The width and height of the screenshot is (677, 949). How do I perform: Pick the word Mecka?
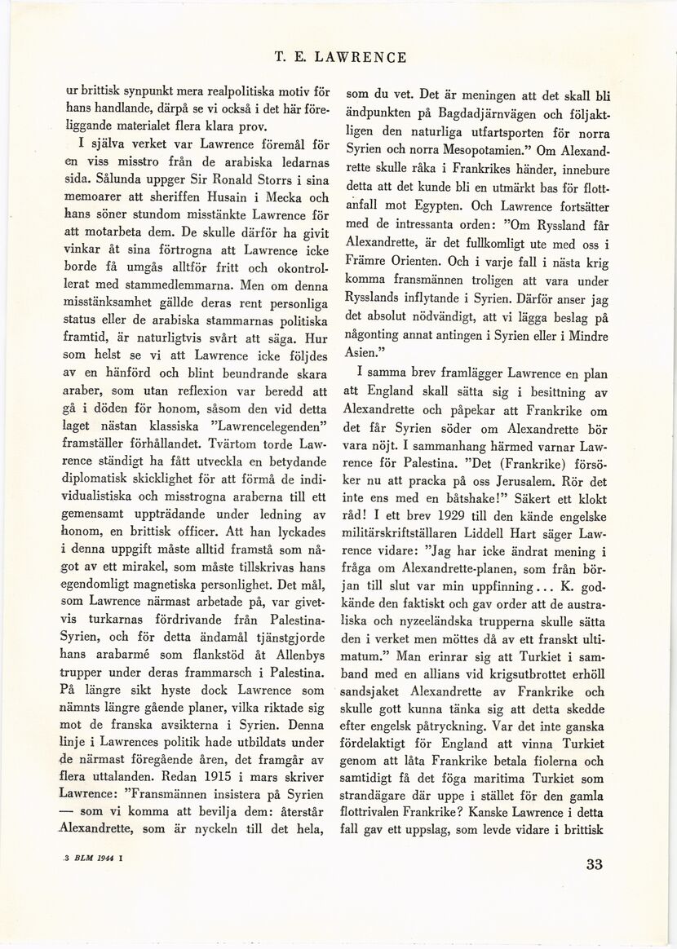click(x=279, y=197)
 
